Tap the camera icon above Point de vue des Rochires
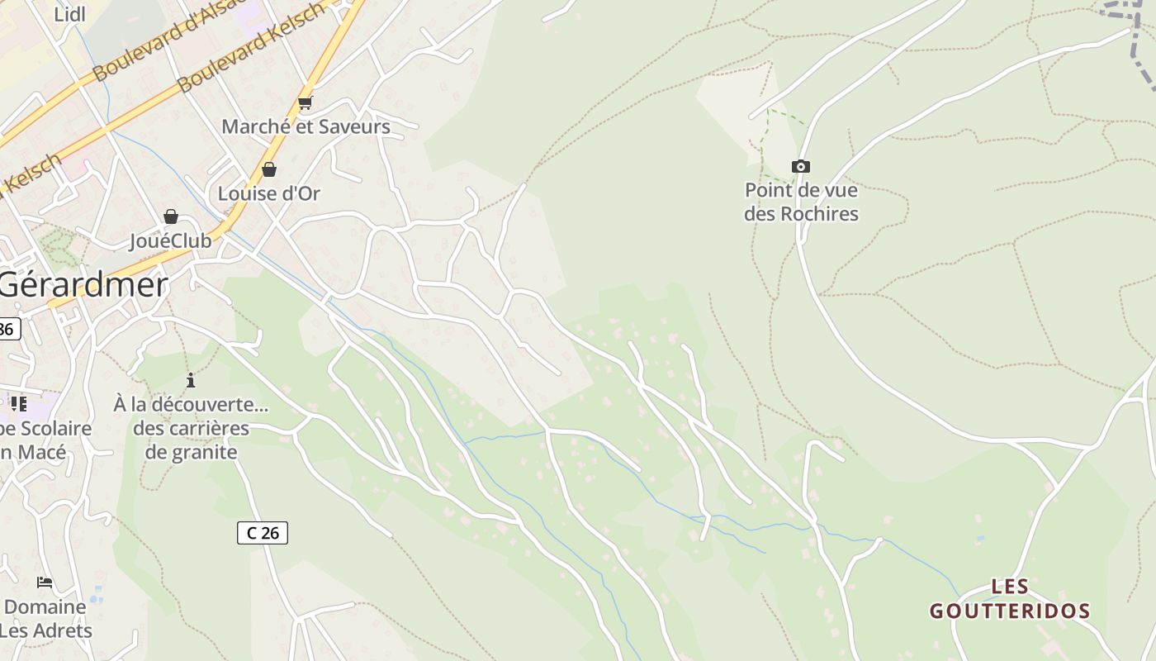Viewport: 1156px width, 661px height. (800, 167)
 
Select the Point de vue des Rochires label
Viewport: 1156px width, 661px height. (801, 202)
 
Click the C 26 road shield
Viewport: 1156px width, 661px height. (263, 533)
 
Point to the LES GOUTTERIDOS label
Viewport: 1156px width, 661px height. (1010, 600)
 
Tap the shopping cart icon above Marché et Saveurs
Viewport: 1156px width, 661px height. (306, 103)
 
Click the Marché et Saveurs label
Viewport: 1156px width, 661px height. (306, 127)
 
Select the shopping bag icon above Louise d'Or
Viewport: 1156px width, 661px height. (269, 170)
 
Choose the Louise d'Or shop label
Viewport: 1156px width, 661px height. (268, 194)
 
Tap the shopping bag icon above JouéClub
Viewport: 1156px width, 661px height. (171, 217)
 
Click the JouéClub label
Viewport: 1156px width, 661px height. (171, 241)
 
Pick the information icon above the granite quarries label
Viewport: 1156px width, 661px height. (191, 380)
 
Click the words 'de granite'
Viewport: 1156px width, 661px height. (191, 452)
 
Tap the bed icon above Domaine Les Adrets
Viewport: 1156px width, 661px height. (45, 583)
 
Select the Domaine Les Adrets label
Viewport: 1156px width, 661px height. (46, 619)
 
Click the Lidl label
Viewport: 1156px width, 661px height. (69, 14)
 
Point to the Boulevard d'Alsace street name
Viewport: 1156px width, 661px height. (169, 41)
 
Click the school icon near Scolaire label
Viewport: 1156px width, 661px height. (18, 404)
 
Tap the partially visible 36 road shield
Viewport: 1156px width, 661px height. (7, 329)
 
